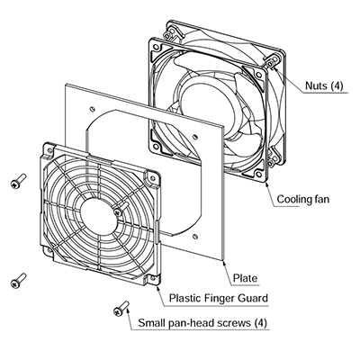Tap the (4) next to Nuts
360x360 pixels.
click(x=337, y=86)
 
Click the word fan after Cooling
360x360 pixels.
click(x=321, y=199)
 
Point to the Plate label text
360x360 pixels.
click(x=245, y=278)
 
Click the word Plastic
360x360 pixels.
click(x=185, y=298)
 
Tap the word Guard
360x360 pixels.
click(x=253, y=298)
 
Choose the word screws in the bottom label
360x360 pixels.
click(x=233, y=324)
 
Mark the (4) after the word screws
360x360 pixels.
click(x=260, y=323)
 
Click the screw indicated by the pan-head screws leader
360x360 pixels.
click(x=121, y=308)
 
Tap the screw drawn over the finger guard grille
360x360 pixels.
click(x=121, y=209)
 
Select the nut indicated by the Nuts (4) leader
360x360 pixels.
click(x=271, y=64)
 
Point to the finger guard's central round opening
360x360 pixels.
click(x=99, y=215)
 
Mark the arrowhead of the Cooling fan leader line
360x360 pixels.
click(x=266, y=184)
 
